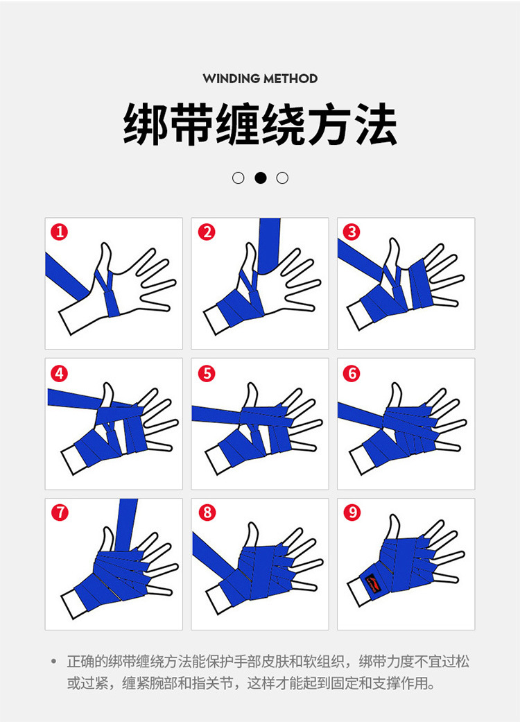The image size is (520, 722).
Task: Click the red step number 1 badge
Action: point(61,232)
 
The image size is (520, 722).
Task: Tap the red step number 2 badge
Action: point(207,232)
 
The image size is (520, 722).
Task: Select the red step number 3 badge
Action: point(352,232)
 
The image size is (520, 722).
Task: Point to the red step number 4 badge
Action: point(61,373)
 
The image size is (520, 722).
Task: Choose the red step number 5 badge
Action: point(207,373)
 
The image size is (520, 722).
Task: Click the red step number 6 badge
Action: point(352,373)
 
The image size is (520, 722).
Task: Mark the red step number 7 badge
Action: point(61,513)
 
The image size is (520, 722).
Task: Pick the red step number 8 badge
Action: point(207,513)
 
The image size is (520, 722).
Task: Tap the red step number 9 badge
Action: point(352,513)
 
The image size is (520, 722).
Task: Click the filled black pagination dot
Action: point(261,178)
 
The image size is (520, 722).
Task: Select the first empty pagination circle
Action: point(239,178)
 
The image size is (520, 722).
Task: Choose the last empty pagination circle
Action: point(282,178)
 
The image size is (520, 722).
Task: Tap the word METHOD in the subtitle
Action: point(292,78)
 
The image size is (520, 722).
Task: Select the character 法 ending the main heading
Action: point(375,126)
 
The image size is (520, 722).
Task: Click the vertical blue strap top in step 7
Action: point(128,513)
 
